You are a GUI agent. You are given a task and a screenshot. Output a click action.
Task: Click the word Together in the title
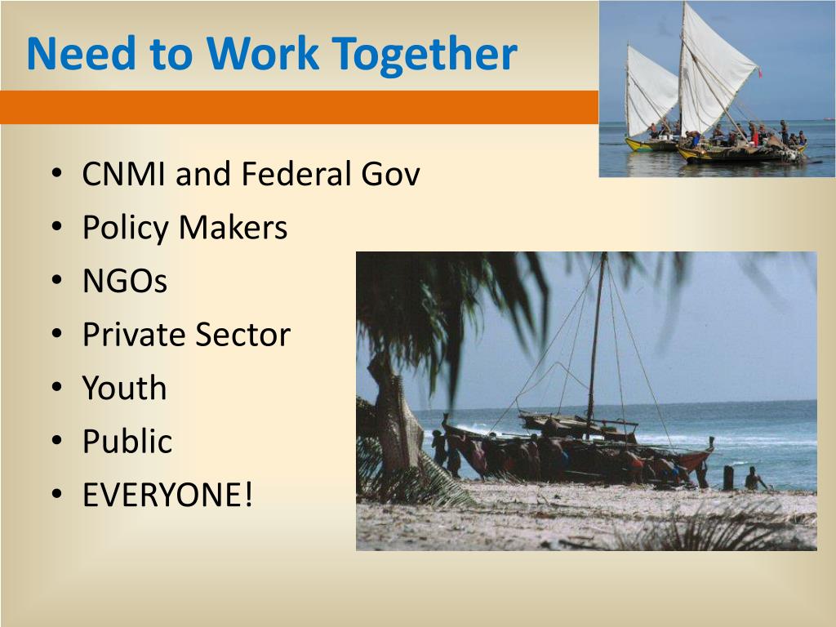coord(426,55)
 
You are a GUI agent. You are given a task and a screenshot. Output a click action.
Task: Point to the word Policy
coord(127,228)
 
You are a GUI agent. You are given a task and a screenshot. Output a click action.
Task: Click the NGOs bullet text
coord(125,281)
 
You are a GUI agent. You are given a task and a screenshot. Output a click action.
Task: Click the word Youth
coord(124,388)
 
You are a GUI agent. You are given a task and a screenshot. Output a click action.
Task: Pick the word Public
coord(127,442)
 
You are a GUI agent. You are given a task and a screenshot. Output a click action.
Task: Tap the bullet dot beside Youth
coord(56,388)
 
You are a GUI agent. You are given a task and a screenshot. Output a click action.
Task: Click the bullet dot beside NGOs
coord(56,281)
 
